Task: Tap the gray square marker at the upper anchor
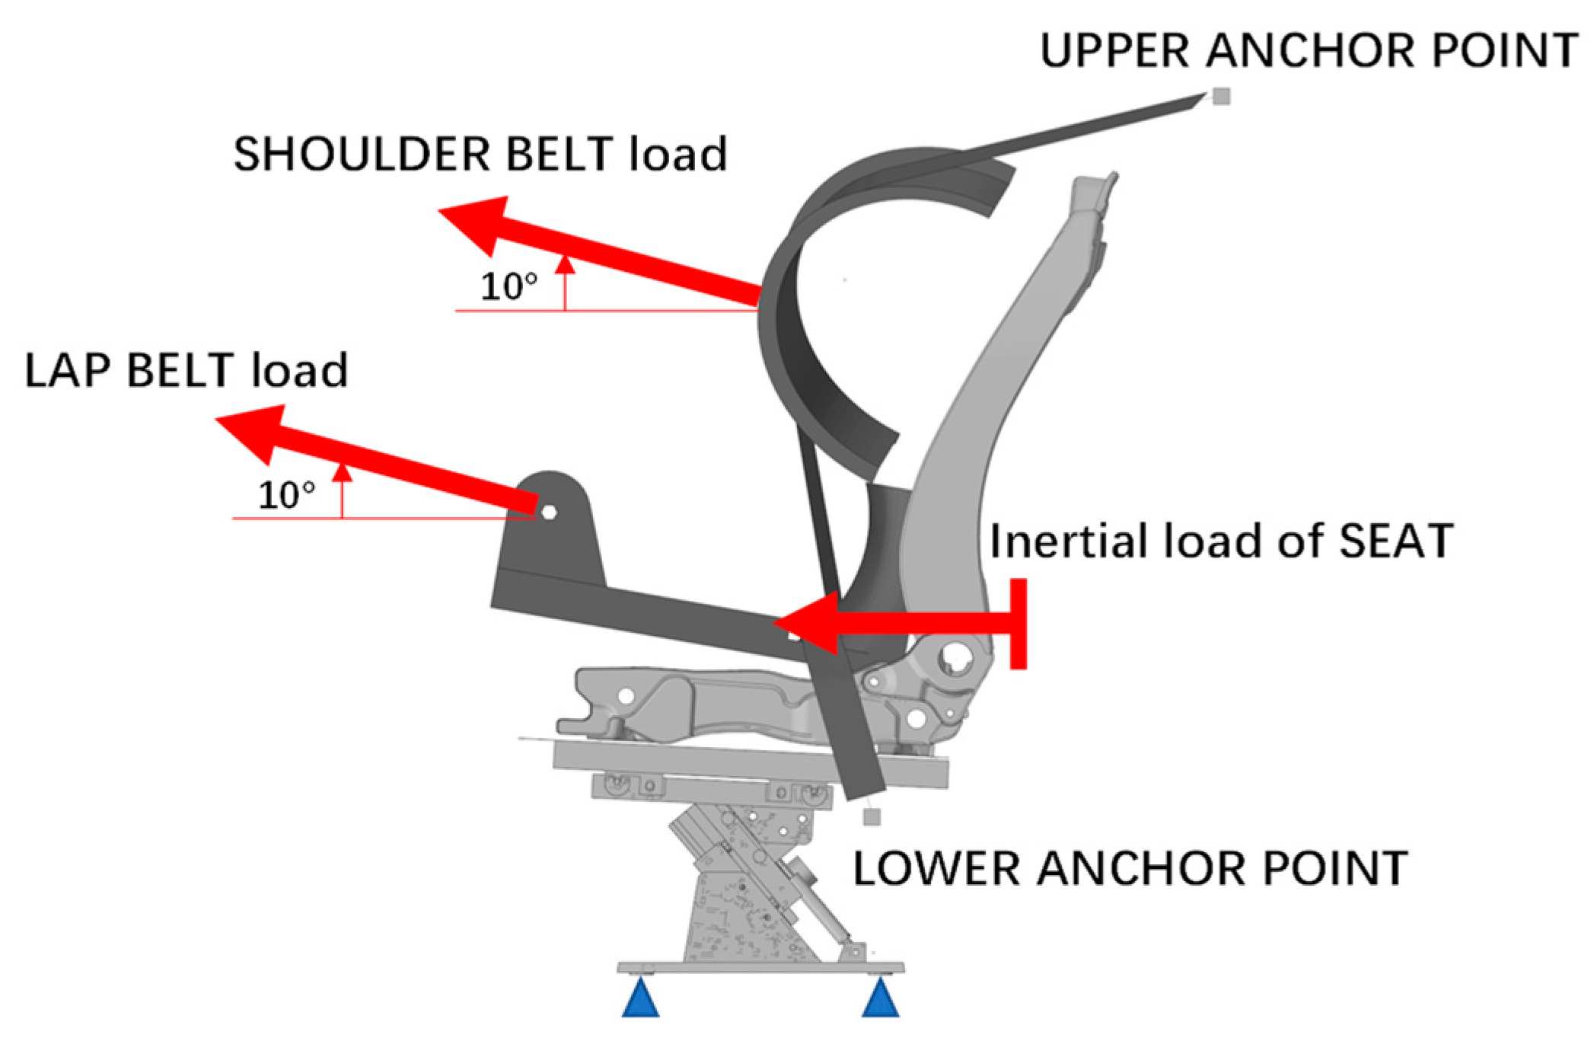1221,96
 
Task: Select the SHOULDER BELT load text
480,154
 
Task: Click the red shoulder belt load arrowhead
476,224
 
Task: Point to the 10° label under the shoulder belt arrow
508,287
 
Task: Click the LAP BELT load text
186,371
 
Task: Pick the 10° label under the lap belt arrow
286,496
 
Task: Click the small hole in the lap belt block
549,512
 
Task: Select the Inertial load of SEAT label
1221,541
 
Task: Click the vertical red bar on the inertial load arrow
1018,624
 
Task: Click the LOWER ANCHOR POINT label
1130,868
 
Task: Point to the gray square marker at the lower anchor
872,816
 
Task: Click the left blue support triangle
640,1001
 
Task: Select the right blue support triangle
880,1001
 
